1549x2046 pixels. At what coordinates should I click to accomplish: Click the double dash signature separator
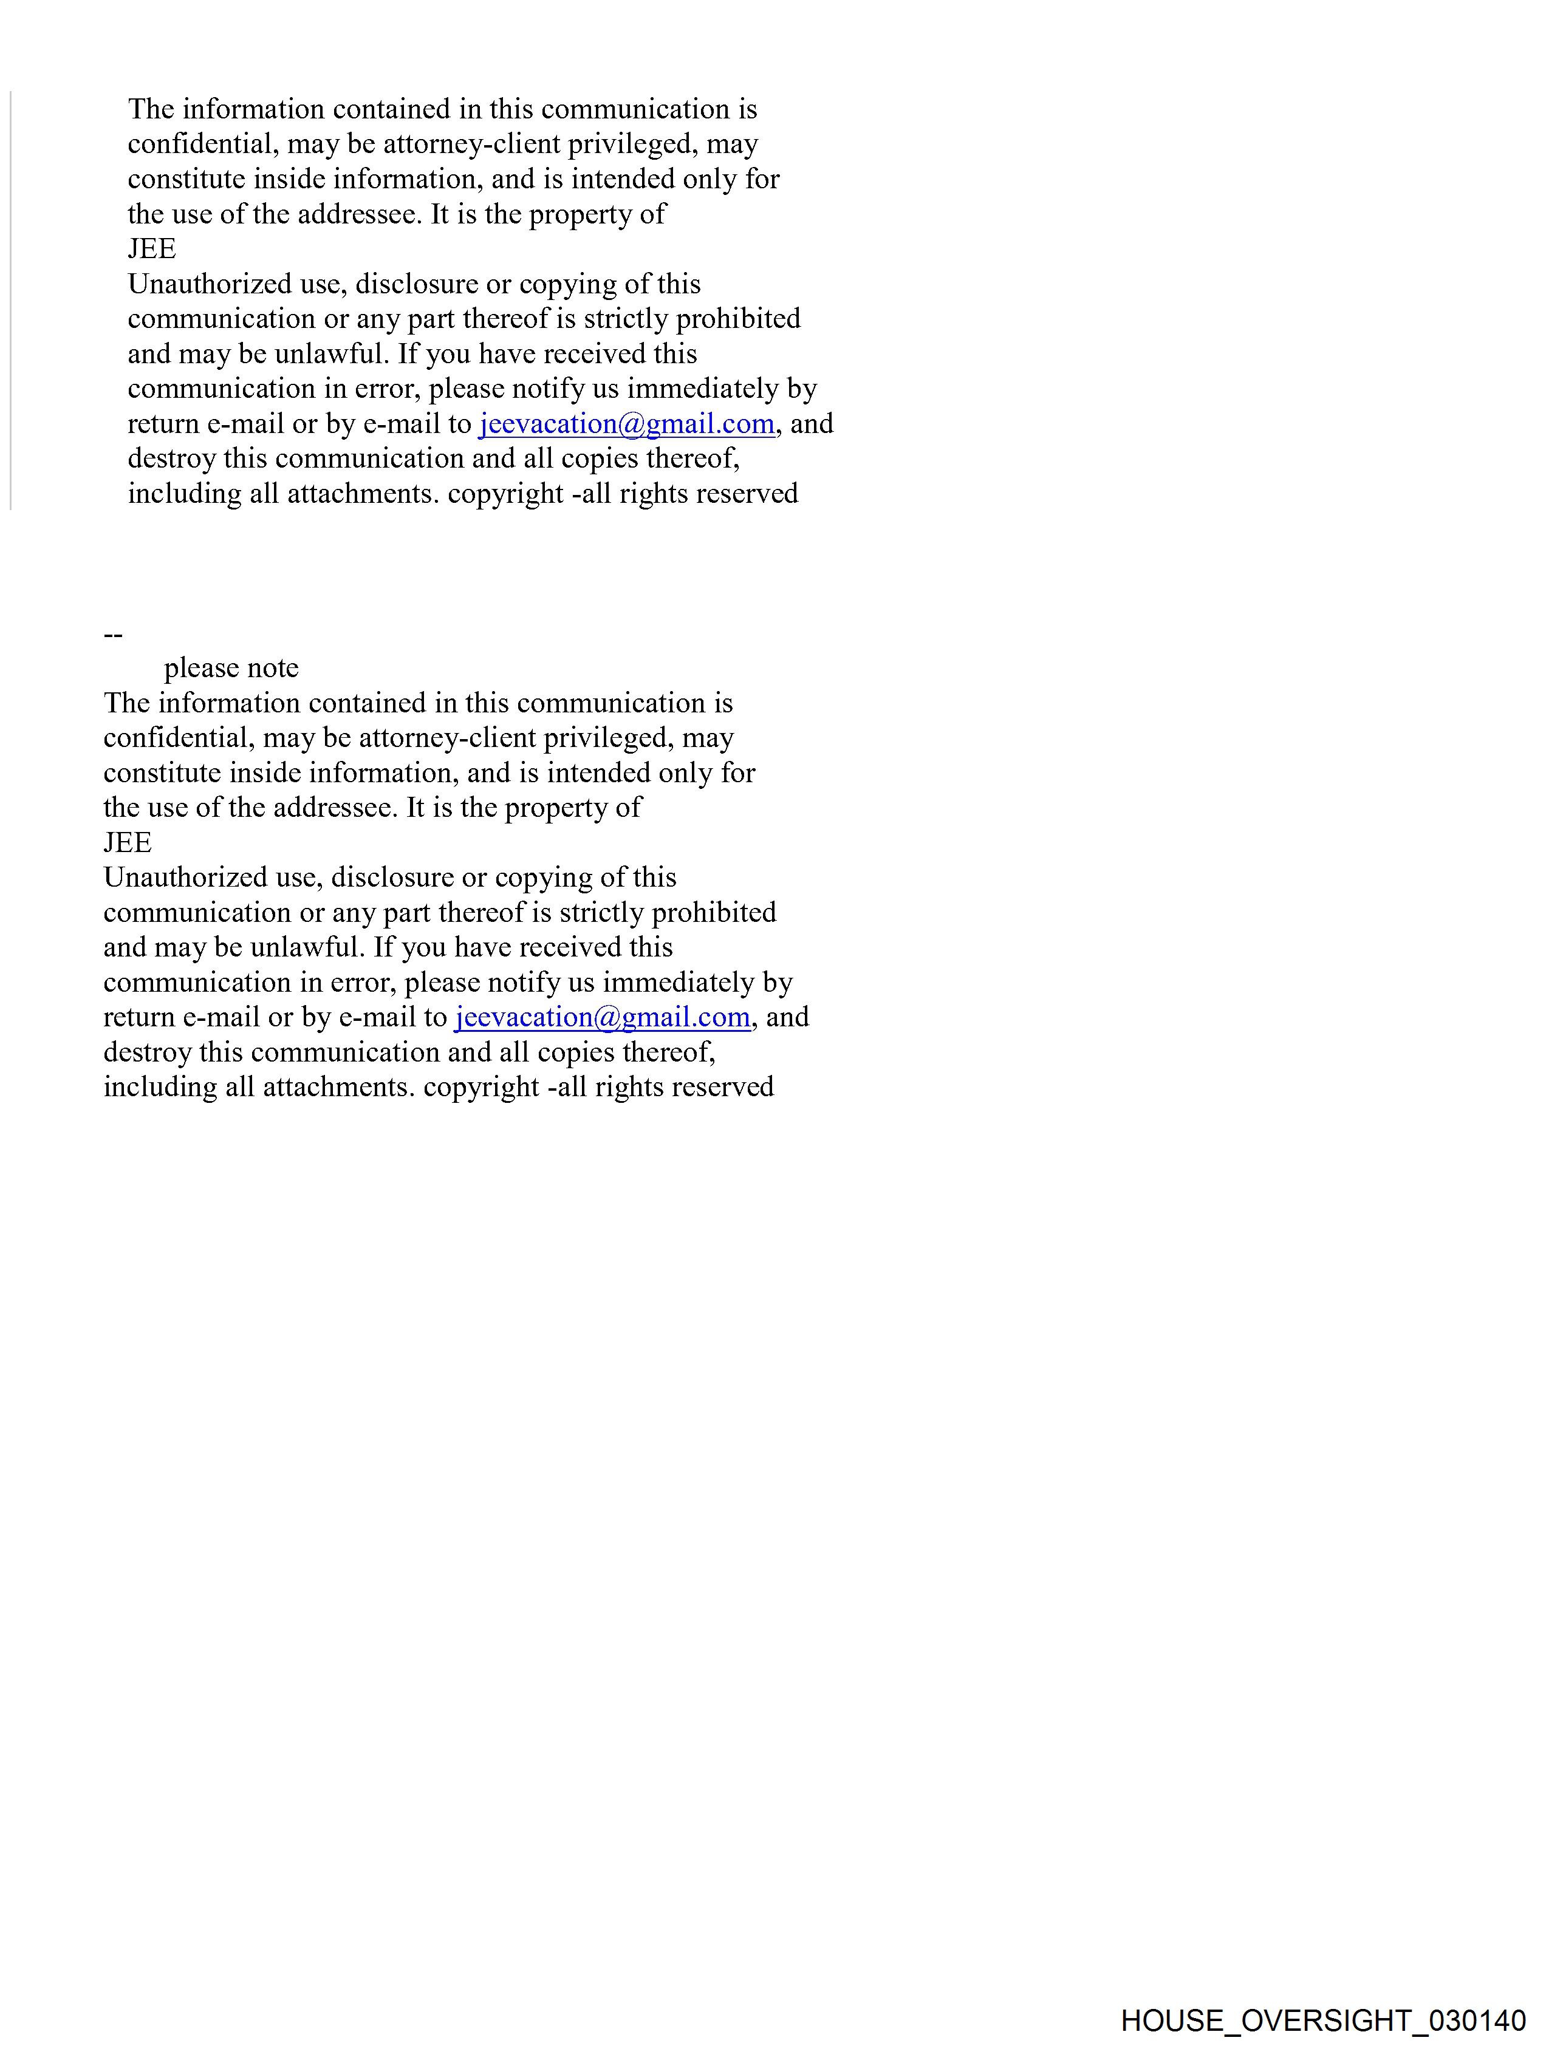pos(114,635)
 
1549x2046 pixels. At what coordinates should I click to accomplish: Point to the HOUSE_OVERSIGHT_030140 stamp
pos(1323,2019)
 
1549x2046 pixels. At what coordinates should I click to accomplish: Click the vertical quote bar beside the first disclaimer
pos(11,301)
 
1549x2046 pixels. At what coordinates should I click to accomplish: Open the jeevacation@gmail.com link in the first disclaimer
pos(626,424)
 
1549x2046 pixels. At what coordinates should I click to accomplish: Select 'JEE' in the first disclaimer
pos(152,249)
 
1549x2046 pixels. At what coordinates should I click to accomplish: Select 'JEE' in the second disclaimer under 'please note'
pos(128,843)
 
